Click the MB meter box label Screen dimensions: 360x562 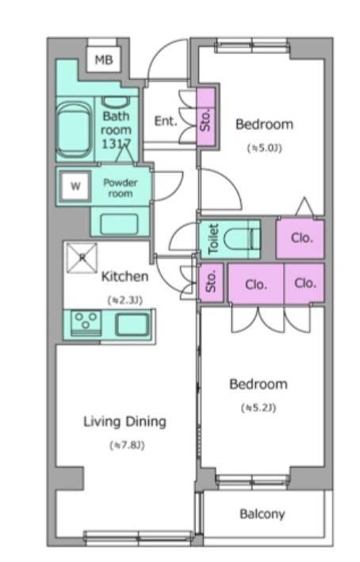point(104,59)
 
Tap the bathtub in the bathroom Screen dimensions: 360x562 point(74,129)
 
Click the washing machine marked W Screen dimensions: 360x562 point(75,186)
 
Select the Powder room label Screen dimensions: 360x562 point(121,188)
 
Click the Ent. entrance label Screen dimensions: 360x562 point(166,121)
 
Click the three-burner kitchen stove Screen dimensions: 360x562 point(86,323)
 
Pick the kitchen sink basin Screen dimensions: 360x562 point(132,324)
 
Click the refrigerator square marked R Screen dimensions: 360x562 point(82,258)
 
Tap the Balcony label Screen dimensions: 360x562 point(262,514)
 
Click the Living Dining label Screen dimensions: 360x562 point(124,422)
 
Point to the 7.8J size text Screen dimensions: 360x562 point(127,445)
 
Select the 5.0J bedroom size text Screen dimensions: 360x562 point(265,147)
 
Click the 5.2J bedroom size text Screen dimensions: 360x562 point(259,408)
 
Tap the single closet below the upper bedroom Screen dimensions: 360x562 point(300,239)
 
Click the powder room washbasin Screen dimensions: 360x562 point(120,224)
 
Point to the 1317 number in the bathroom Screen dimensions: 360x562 point(117,144)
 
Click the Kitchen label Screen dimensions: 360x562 point(124,277)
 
